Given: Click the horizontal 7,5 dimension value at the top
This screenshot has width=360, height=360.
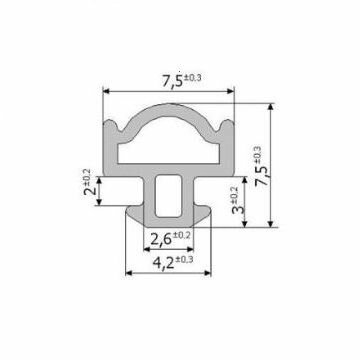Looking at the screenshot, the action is pyautogui.click(x=173, y=82).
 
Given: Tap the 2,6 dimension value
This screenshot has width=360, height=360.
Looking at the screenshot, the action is pyautogui.click(x=161, y=239).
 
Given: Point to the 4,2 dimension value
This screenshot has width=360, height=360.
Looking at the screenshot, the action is pyautogui.click(x=163, y=263).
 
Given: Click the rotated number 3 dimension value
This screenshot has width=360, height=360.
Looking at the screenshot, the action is pyautogui.click(x=238, y=209).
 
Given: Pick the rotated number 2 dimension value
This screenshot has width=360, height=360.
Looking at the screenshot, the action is pyautogui.click(x=89, y=191).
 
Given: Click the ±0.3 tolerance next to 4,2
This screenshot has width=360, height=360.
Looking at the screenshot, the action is pyautogui.click(x=184, y=259).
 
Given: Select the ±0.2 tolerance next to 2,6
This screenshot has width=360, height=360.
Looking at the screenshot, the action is pyautogui.click(x=182, y=235).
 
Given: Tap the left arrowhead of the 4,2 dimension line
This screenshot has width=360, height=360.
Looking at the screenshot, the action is pyautogui.click(x=129, y=273).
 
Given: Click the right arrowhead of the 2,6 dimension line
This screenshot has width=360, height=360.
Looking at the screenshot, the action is pyautogui.click(x=190, y=249).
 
